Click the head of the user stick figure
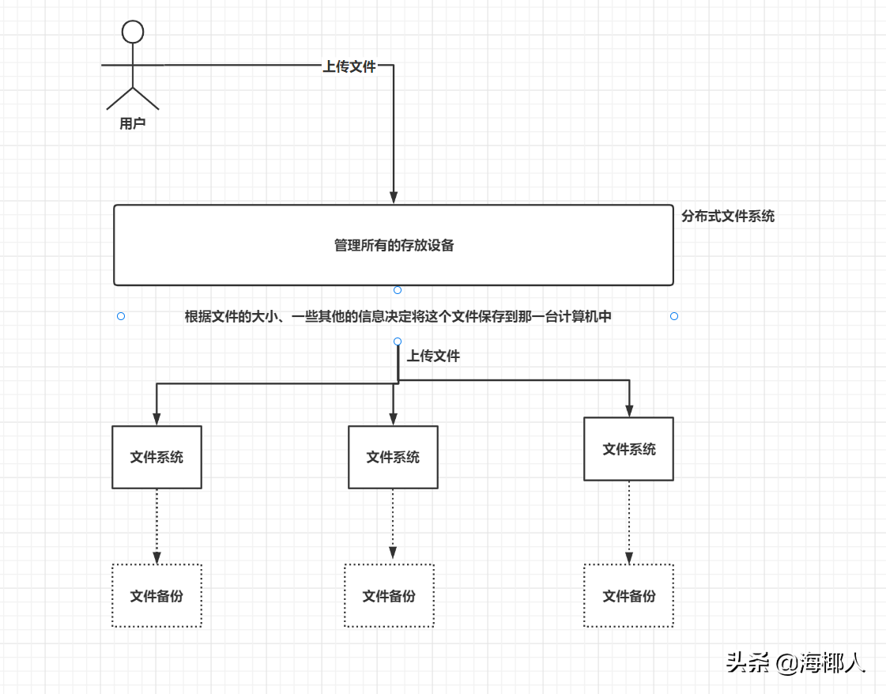tap(133, 32)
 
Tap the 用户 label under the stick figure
tap(133, 123)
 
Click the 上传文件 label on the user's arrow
tap(349, 66)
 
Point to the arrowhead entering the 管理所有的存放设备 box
tap(394, 197)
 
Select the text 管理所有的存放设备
tap(394, 245)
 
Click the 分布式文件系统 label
tap(728, 216)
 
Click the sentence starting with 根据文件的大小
tap(398, 316)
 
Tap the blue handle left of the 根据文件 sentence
tap(121, 316)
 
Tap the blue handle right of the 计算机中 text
tap(674, 316)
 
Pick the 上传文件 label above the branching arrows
tap(433, 356)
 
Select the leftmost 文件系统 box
tap(156, 457)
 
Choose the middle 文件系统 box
tap(393, 457)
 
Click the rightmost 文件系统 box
tap(628, 449)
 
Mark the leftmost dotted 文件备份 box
tap(156, 596)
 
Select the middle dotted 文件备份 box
tap(389, 596)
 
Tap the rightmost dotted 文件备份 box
tap(628, 596)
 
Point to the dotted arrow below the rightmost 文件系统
tap(629, 522)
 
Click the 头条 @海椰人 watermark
tap(796, 662)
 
